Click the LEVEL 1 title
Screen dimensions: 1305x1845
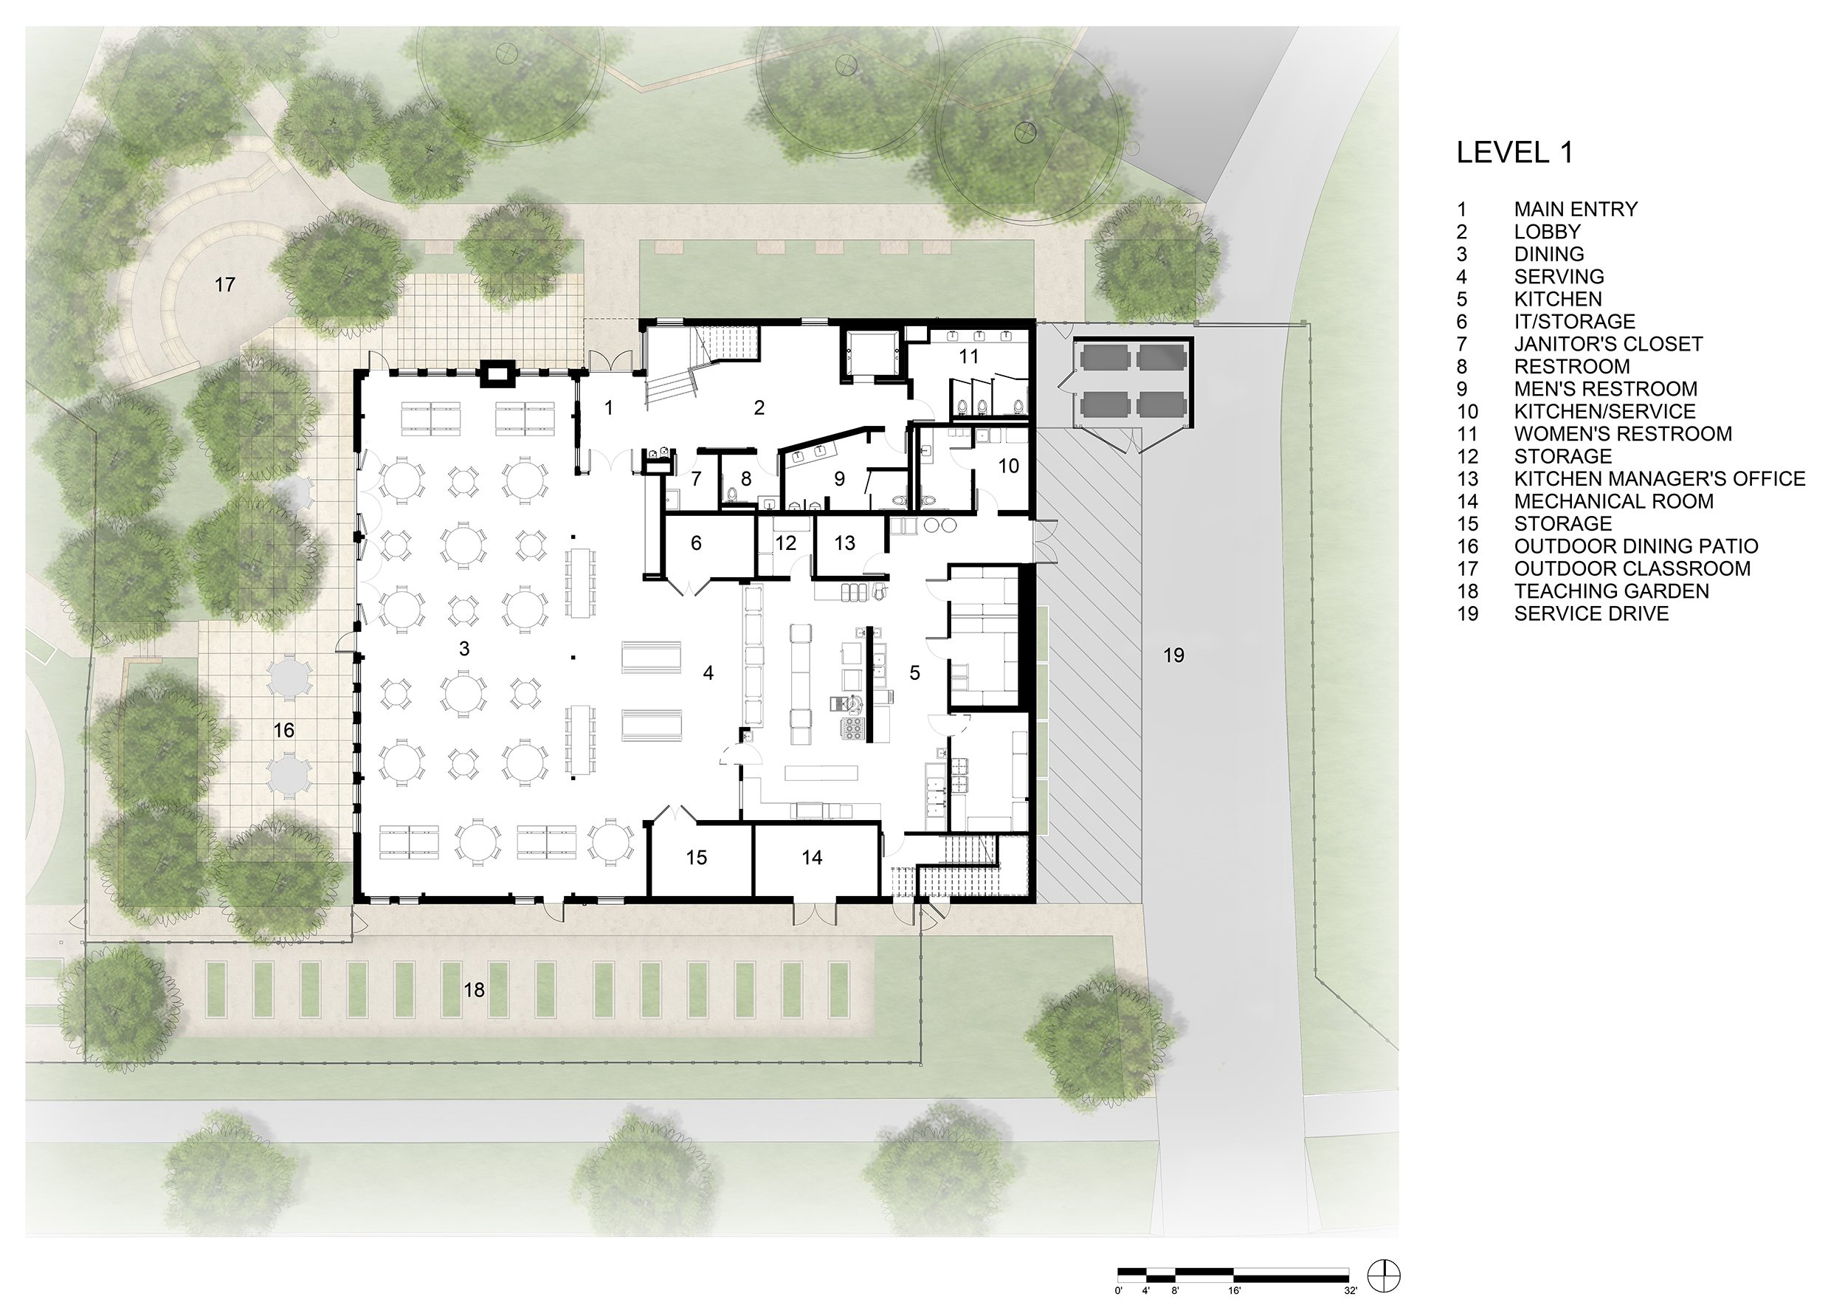[x=1514, y=153]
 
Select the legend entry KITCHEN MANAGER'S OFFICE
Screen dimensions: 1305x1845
[x=1659, y=479]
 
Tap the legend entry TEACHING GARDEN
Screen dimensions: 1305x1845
[x=1611, y=591]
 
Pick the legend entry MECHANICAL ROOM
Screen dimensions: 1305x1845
[x=1613, y=501]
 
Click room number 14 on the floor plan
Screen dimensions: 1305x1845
[x=812, y=858]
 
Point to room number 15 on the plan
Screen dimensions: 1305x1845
[x=696, y=858]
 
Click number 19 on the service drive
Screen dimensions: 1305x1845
[x=1173, y=655]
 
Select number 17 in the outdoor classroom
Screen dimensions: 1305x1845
[x=225, y=284]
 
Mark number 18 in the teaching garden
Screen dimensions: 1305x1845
[x=474, y=990]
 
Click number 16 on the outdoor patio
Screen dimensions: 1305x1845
[x=283, y=731]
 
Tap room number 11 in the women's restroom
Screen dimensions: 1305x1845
[x=969, y=356]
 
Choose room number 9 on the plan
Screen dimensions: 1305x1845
[x=839, y=480]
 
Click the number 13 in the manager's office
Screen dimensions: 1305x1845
[x=844, y=543]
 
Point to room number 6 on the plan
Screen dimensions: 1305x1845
[x=696, y=543]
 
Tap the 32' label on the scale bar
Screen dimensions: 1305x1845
[x=1350, y=1290]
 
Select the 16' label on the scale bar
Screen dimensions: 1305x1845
[x=1234, y=1290]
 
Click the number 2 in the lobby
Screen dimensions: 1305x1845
[x=759, y=408]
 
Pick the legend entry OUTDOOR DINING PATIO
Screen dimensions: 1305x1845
[x=1636, y=546]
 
